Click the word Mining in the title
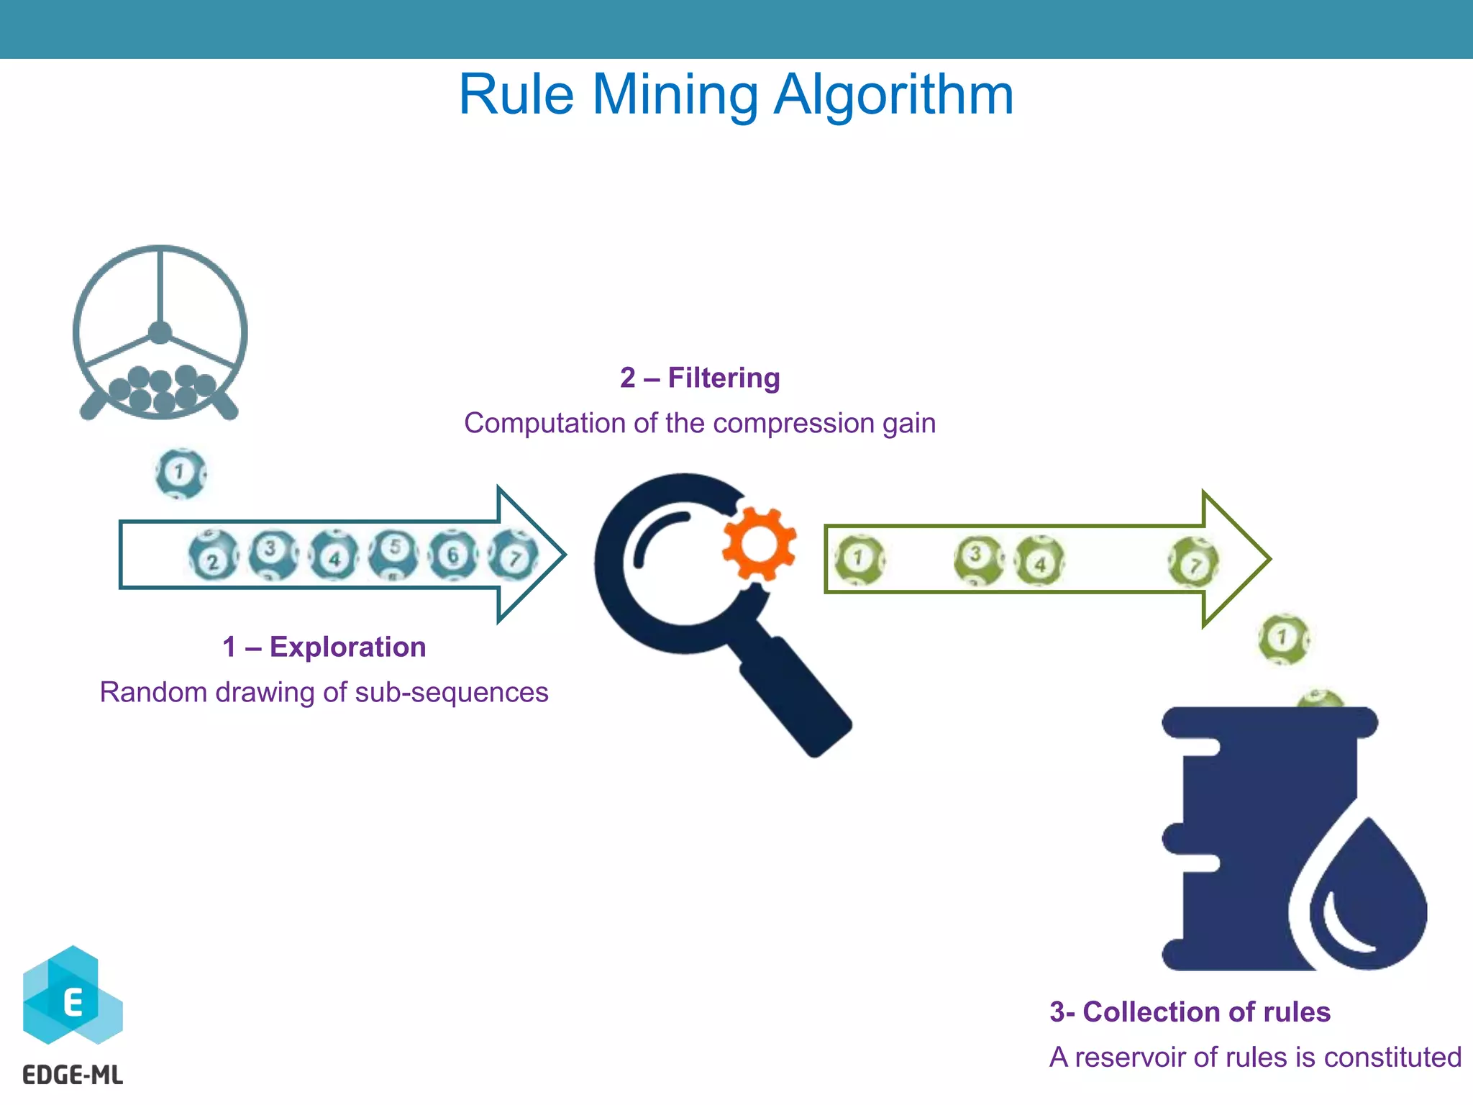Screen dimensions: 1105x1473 pyautogui.click(x=675, y=95)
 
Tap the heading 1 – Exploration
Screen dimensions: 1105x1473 pyautogui.click(x=324, y=647)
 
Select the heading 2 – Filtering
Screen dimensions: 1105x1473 pyautogui.click(x=699, y=378)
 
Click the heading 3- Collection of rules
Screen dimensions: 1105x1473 pyautogui.click(x=1190, y=1011)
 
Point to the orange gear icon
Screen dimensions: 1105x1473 pyautogui.click(x=759, y=544)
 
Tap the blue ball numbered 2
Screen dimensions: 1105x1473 pyautogui.click(x=213, y=556)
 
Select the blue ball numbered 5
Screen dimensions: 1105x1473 pyautogui.click(x=393, y=553)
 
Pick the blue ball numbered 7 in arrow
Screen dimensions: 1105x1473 pyautogui.click(x=513, y=555)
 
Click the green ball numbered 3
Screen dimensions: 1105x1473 pyautogui.click(x=977, y=559)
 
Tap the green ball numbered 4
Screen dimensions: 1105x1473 pyautogui.click(x=1039, y=561)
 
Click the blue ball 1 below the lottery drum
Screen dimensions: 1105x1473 pyautogui.click(x=181, y=473)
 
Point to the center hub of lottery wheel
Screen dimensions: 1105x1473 pyautogui.click(x=160, y=333)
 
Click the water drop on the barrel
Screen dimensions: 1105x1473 pyautogui.click(x=1363, y=899)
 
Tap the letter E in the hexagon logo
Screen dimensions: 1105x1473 pyautogui.click(x=73, y=1001)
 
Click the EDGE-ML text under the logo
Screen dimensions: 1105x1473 pyautogui.click(x=73, y=1075)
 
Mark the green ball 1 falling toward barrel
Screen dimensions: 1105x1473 pyautogui.click(x=1283, y=638)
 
